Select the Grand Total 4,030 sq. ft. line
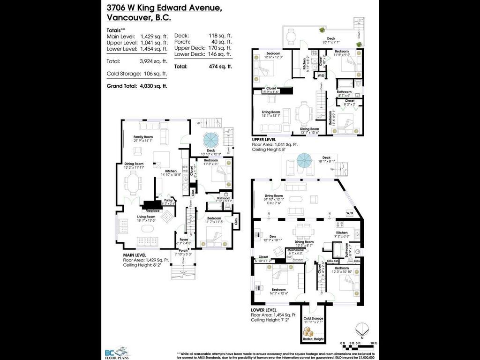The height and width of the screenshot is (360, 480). pos(137,86)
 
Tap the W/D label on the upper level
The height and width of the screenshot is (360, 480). pos(322,75)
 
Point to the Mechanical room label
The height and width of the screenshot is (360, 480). pos(295,250)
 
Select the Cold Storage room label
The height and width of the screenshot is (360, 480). pos(314,319)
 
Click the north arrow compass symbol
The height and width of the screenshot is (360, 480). pos(361,329)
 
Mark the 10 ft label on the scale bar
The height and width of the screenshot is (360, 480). pos(373,344)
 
